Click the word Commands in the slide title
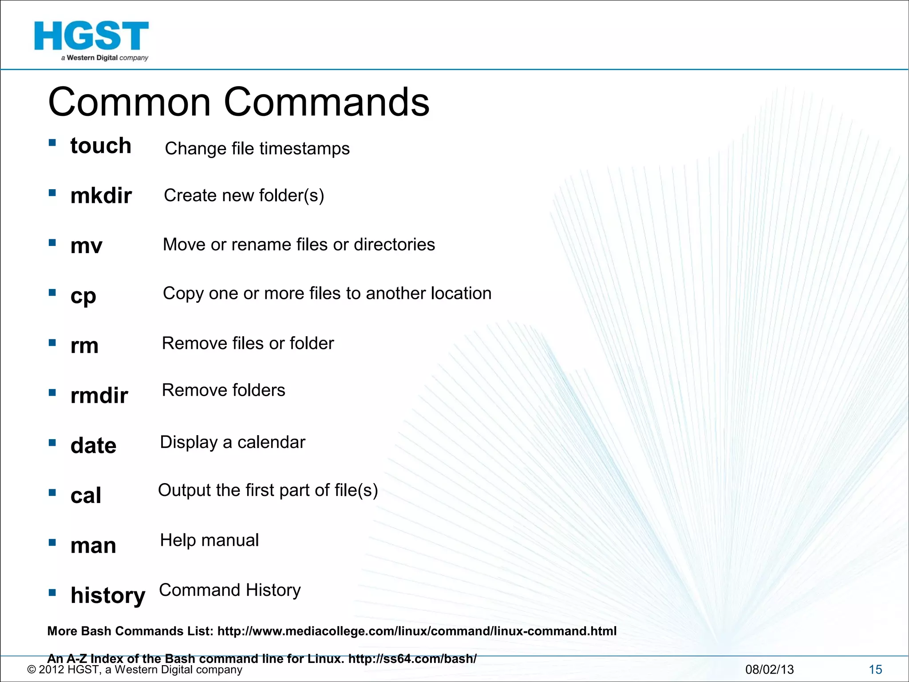tap(327, 102)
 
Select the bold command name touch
tap(101, 146)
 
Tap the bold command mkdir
tap(101, 196)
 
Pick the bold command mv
tap(87, 246)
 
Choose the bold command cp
tap(83, 296)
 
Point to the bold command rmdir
tap(99, 395)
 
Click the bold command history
tap(108, 595)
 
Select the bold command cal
tap(86, 496)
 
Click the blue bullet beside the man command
tap(52, 542)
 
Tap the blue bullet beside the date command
tap(52, 442)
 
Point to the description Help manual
tap(209, 540)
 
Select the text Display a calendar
tap(233, 442)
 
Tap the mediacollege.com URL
tap(417, 631)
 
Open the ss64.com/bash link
tap(412, 658)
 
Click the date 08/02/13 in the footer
tap(769, 670)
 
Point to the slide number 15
tap(875, 670)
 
